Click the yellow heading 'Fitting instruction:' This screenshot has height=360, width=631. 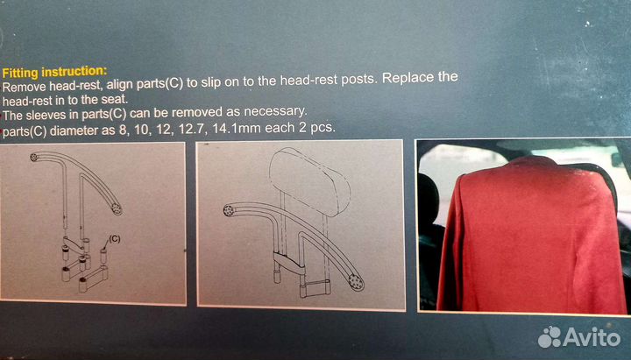(54, 72)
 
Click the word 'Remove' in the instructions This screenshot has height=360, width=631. (25, 87)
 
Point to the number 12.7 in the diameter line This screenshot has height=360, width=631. (192, 130)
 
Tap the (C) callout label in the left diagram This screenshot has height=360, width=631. (114, 239)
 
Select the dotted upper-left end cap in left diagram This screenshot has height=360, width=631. (34, 157)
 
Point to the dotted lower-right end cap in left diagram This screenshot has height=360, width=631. (117, 208)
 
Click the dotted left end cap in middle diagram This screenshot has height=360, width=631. (229, 210)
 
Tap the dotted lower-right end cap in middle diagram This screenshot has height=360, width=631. (355, 282)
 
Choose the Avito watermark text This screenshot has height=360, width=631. (592, 337)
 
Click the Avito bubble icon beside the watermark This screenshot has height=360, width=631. (549, 337)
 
